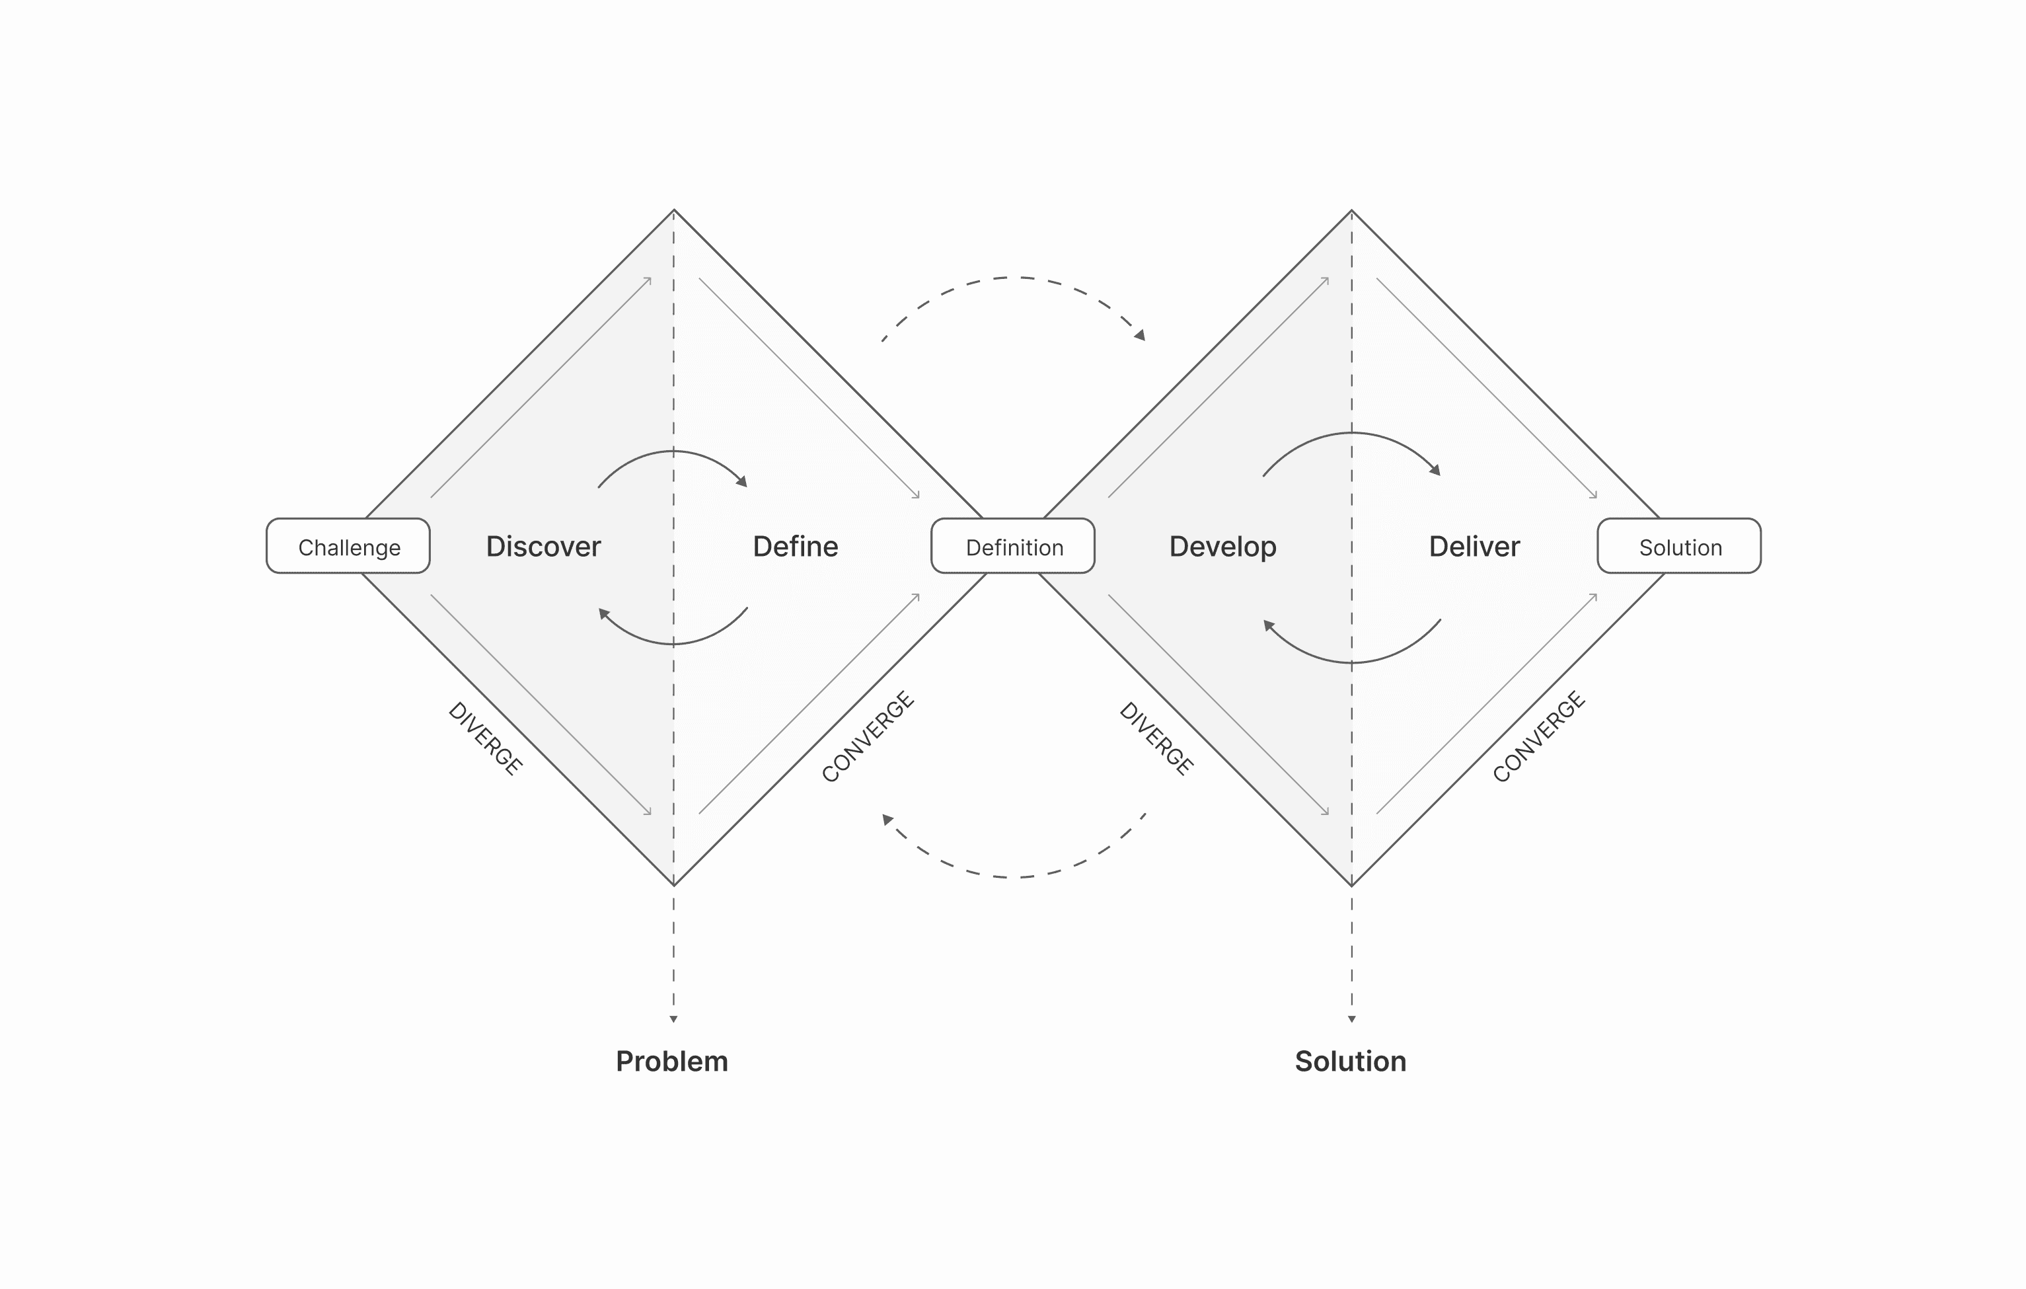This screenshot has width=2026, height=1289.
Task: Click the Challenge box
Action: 348,546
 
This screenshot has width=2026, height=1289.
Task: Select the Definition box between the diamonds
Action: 1013,546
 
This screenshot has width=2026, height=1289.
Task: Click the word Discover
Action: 544,546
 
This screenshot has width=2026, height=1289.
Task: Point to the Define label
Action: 795,546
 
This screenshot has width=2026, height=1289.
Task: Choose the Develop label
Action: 1222,546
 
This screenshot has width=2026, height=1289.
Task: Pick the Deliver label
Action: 1474,546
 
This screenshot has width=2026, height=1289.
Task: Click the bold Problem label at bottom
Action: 671,1061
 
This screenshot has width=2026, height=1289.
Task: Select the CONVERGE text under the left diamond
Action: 868,736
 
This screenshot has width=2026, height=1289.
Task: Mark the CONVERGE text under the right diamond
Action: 1539,736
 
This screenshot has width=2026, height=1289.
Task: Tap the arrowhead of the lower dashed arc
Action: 887,818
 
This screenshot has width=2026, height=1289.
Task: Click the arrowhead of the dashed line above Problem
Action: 673,1019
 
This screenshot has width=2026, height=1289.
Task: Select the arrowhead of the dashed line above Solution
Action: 1352,1019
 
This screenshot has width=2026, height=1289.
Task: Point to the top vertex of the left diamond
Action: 674,210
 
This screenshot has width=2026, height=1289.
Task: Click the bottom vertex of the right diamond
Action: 1352,885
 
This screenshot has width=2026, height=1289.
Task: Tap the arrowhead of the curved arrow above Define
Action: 742,481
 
